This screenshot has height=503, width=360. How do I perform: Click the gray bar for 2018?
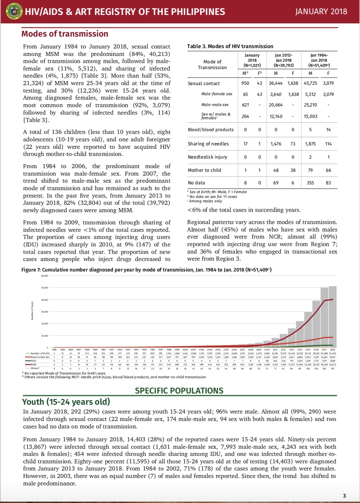(x=333, y=317)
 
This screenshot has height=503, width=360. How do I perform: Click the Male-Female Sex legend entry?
(x=39, y=357)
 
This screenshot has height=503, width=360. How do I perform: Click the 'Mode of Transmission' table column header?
(x=212, y=64)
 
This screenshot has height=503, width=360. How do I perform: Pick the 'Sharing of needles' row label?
(x=208, y=144)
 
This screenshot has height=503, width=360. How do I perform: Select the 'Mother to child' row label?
(x=204, y=170)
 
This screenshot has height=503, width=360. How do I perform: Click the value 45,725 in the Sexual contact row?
(x=310, y=83)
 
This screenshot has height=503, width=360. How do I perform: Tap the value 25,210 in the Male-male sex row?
(x=310, y=105)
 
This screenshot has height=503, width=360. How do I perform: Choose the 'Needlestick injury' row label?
(x=207, y=157)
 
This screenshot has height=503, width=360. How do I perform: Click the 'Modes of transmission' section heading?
(x=65, y=34)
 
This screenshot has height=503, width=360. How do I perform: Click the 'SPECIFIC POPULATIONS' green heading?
(x=179, y=390)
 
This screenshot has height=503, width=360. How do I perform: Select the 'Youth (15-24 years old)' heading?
(x=66, y=402)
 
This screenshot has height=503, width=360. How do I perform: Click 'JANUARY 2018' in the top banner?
(x=321, y=12)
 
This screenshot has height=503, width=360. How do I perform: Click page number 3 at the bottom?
(x=344, y=496)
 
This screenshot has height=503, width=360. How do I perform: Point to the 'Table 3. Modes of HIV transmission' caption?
(x=230, y=46)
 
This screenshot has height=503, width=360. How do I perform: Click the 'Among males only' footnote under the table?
(x=205, y=201)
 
